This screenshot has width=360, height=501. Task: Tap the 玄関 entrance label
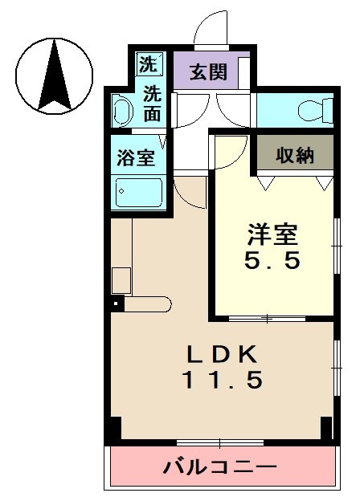pos(207,73)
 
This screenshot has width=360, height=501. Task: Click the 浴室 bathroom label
pos(137,157)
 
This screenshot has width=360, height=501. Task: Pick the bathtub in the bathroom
pos(139,193)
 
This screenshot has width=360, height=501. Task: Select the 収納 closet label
pos(294,155)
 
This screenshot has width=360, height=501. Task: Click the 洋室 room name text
pos(272,235)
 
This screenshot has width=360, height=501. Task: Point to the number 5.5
pos(272,261)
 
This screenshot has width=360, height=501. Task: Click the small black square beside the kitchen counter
pos(117,303)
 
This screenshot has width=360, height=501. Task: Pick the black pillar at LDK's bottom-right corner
pos(326,428)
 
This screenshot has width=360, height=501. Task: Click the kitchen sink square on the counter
pos(121,280)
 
